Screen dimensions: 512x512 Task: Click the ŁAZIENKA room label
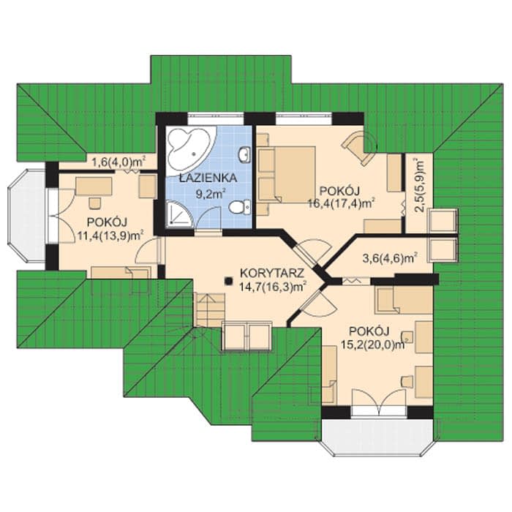click(208, 178)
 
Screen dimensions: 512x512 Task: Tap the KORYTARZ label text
click(272, 273)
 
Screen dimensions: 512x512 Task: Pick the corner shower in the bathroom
click(180, 214)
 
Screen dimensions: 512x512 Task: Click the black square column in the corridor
click(228, 280)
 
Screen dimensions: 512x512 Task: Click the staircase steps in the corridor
click(210, 309)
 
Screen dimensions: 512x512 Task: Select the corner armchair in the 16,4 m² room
click(358, 147)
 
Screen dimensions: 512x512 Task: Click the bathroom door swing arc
click(209, 217)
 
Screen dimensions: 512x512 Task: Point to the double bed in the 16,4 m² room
click(287, 175)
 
